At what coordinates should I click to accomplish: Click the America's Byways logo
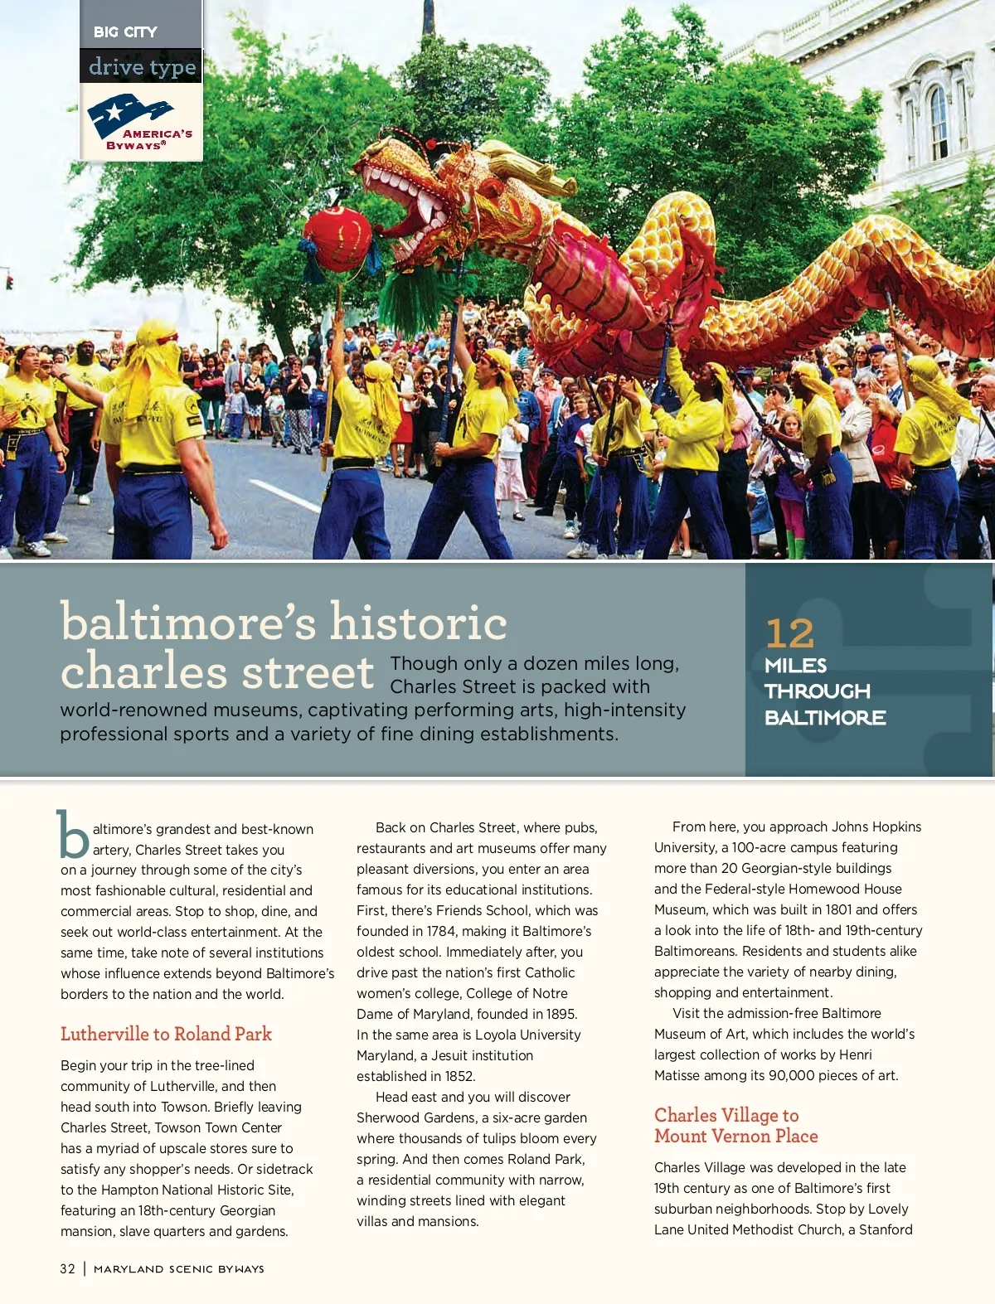[140, 122]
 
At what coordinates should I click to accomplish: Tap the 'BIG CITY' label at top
[125, 32]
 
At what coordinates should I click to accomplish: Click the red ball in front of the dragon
[337, 240]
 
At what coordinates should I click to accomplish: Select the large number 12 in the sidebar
[789, 634]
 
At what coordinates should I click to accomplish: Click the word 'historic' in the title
[418, 622]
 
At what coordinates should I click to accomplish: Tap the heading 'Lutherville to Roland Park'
[166, 1034]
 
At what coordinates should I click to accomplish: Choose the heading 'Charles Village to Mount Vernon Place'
[735, 1126]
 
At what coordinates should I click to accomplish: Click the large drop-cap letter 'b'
[73, 835]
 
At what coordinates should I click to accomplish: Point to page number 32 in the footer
[67, 1268]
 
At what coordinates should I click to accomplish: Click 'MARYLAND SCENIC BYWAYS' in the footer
[179, 1268]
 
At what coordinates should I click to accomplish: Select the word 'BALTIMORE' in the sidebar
[825, 718]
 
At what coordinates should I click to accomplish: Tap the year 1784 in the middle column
[440, 931]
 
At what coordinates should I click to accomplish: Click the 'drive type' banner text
[142, 66]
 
